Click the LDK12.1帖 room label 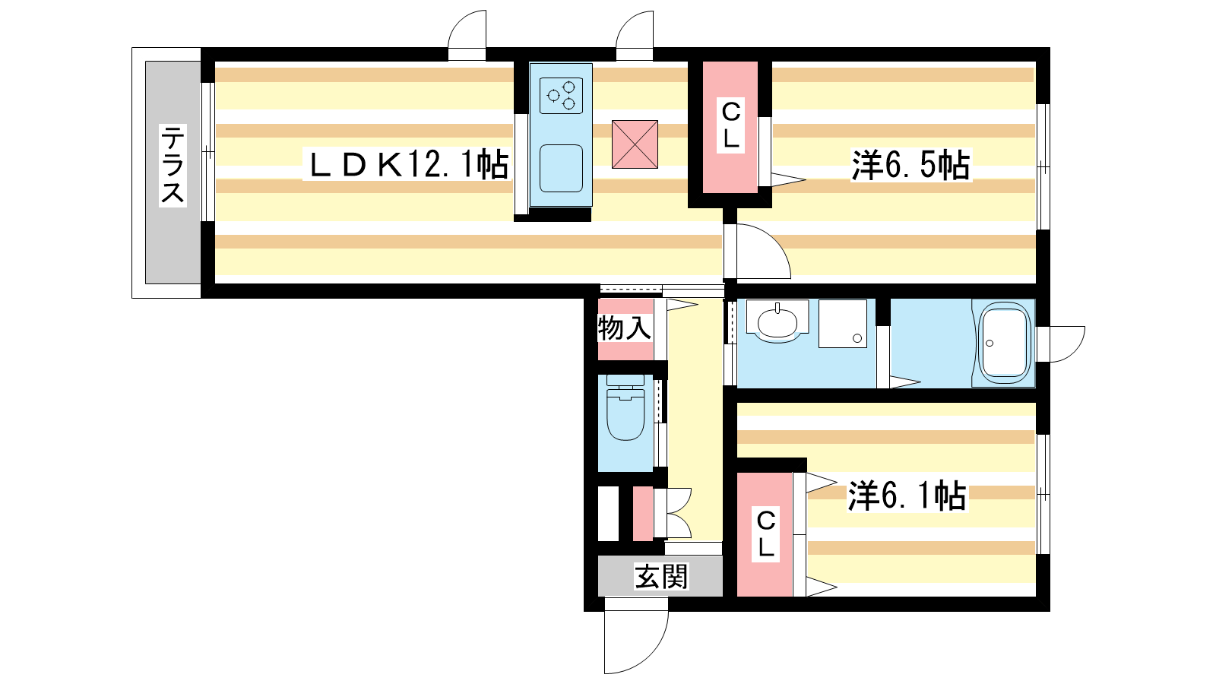tap(409, 165)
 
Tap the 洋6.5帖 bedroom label tap(910, 165)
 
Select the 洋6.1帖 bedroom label tap(907, 495)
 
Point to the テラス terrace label tap(172, 165)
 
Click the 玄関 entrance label tap(661, 577)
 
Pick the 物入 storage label tap(624, 328)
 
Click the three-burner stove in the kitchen tap(562, 96)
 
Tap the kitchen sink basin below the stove tap(561, 168)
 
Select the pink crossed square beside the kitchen tap(635, 144)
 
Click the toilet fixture tap(625, 407)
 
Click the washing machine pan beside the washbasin tap(843, 324)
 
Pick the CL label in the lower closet tap(765, 534)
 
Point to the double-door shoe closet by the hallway tap(673, 513)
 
